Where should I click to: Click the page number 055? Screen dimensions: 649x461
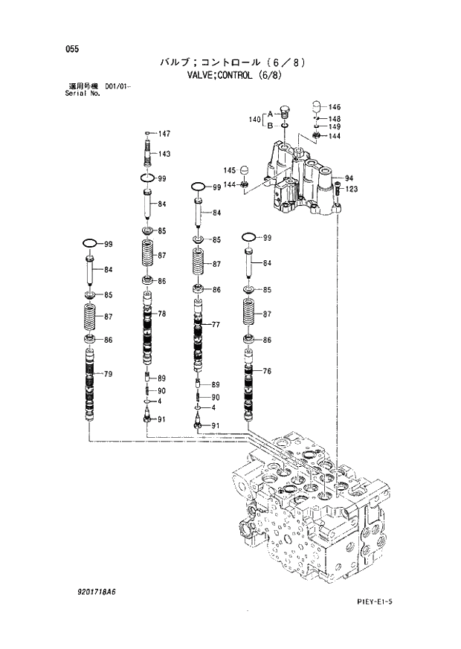point(71,49)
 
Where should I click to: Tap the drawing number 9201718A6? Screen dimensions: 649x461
point(91,592)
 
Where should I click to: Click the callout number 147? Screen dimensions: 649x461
point(164,134)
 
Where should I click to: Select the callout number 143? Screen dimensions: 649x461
point(164,154)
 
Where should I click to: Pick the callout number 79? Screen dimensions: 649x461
point(108,374)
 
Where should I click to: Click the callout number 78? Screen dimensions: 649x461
point(161,314)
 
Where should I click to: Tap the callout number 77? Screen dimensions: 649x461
point(216,325)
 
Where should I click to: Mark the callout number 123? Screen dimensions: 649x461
point(351,190)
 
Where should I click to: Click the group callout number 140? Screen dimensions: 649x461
point(254,120)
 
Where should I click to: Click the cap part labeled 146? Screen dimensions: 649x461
point(315,106)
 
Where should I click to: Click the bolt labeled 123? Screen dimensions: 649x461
point(338,196)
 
